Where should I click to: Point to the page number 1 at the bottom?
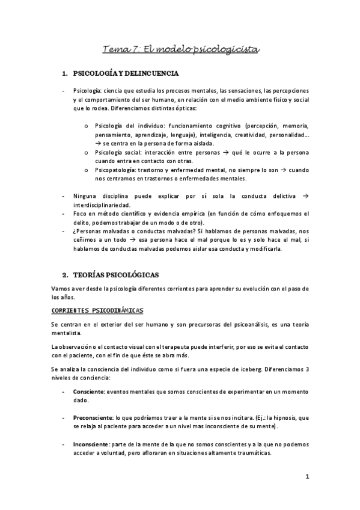(x=307, y=478)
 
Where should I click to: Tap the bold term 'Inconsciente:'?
(x=91, y=444)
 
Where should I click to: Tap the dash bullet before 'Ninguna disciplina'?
(x=64, y=195)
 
